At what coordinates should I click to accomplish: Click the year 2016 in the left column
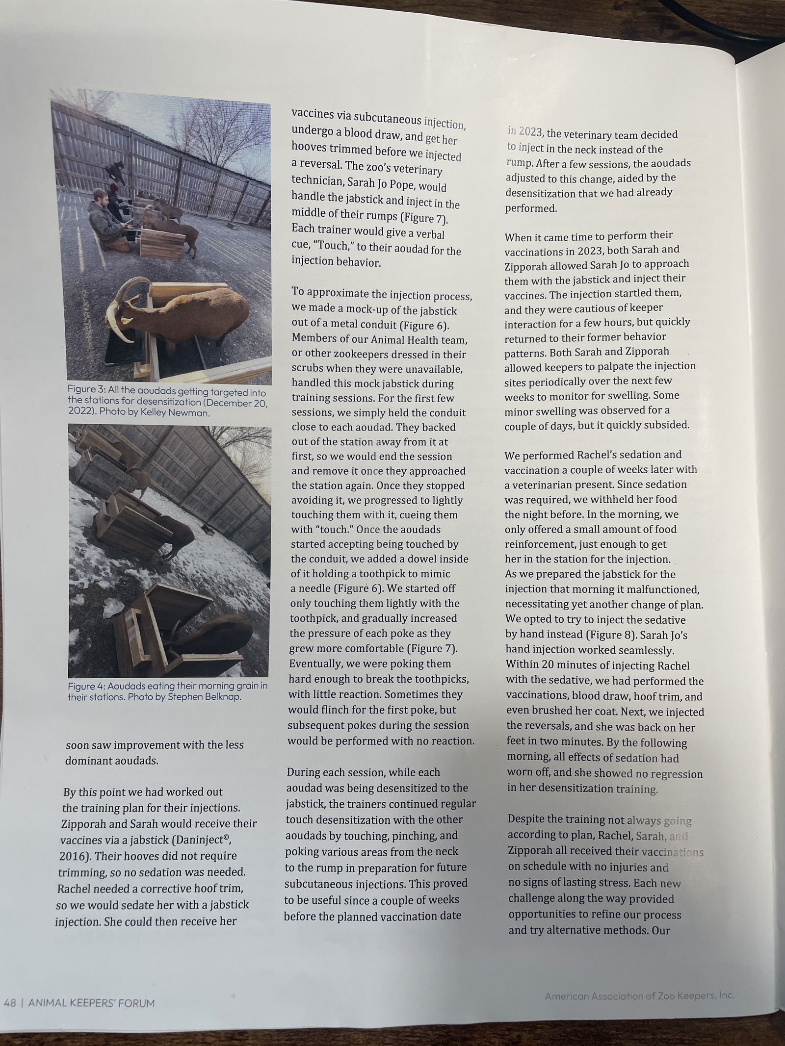tap(74, 856)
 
